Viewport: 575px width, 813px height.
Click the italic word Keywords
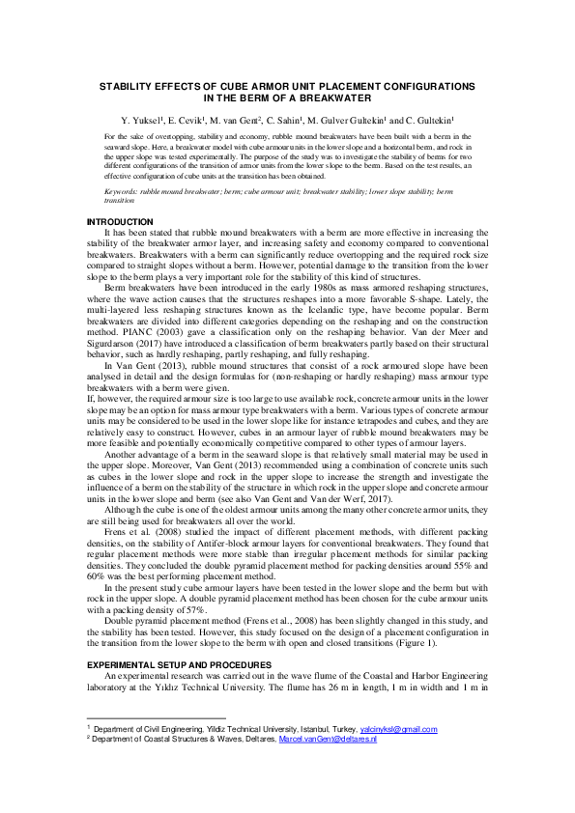(x=121, y=191)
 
